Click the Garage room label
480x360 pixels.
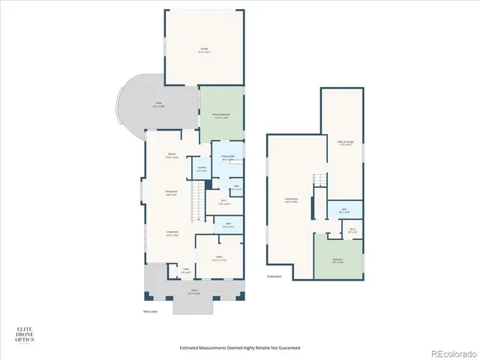204,51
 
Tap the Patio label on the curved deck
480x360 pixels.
159,104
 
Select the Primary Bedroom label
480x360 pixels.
220,116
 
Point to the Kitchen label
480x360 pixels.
172,154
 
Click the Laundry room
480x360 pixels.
201,169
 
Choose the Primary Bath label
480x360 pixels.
227,158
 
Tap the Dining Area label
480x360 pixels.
171,193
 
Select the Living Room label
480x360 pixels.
172,233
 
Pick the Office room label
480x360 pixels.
219,259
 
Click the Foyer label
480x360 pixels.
186,270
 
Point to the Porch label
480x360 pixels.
193,292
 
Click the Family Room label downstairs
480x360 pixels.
290,200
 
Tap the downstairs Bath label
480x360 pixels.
343,211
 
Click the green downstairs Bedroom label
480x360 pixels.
337,261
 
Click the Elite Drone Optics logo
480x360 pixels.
25,334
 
